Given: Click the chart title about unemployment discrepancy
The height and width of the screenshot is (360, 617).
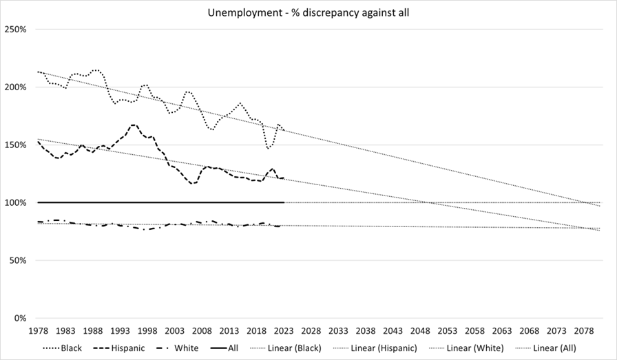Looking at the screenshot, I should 308,13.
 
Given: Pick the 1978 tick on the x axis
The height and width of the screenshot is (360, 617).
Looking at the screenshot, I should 39,331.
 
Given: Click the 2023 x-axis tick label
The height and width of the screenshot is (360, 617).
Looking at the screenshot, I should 284,331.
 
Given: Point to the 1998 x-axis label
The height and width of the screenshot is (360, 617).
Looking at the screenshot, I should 147,331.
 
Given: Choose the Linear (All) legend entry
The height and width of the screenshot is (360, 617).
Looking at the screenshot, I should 549,348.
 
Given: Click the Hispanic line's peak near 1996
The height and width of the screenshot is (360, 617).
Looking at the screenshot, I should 134,125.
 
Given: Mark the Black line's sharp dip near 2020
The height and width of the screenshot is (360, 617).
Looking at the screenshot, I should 269,147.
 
